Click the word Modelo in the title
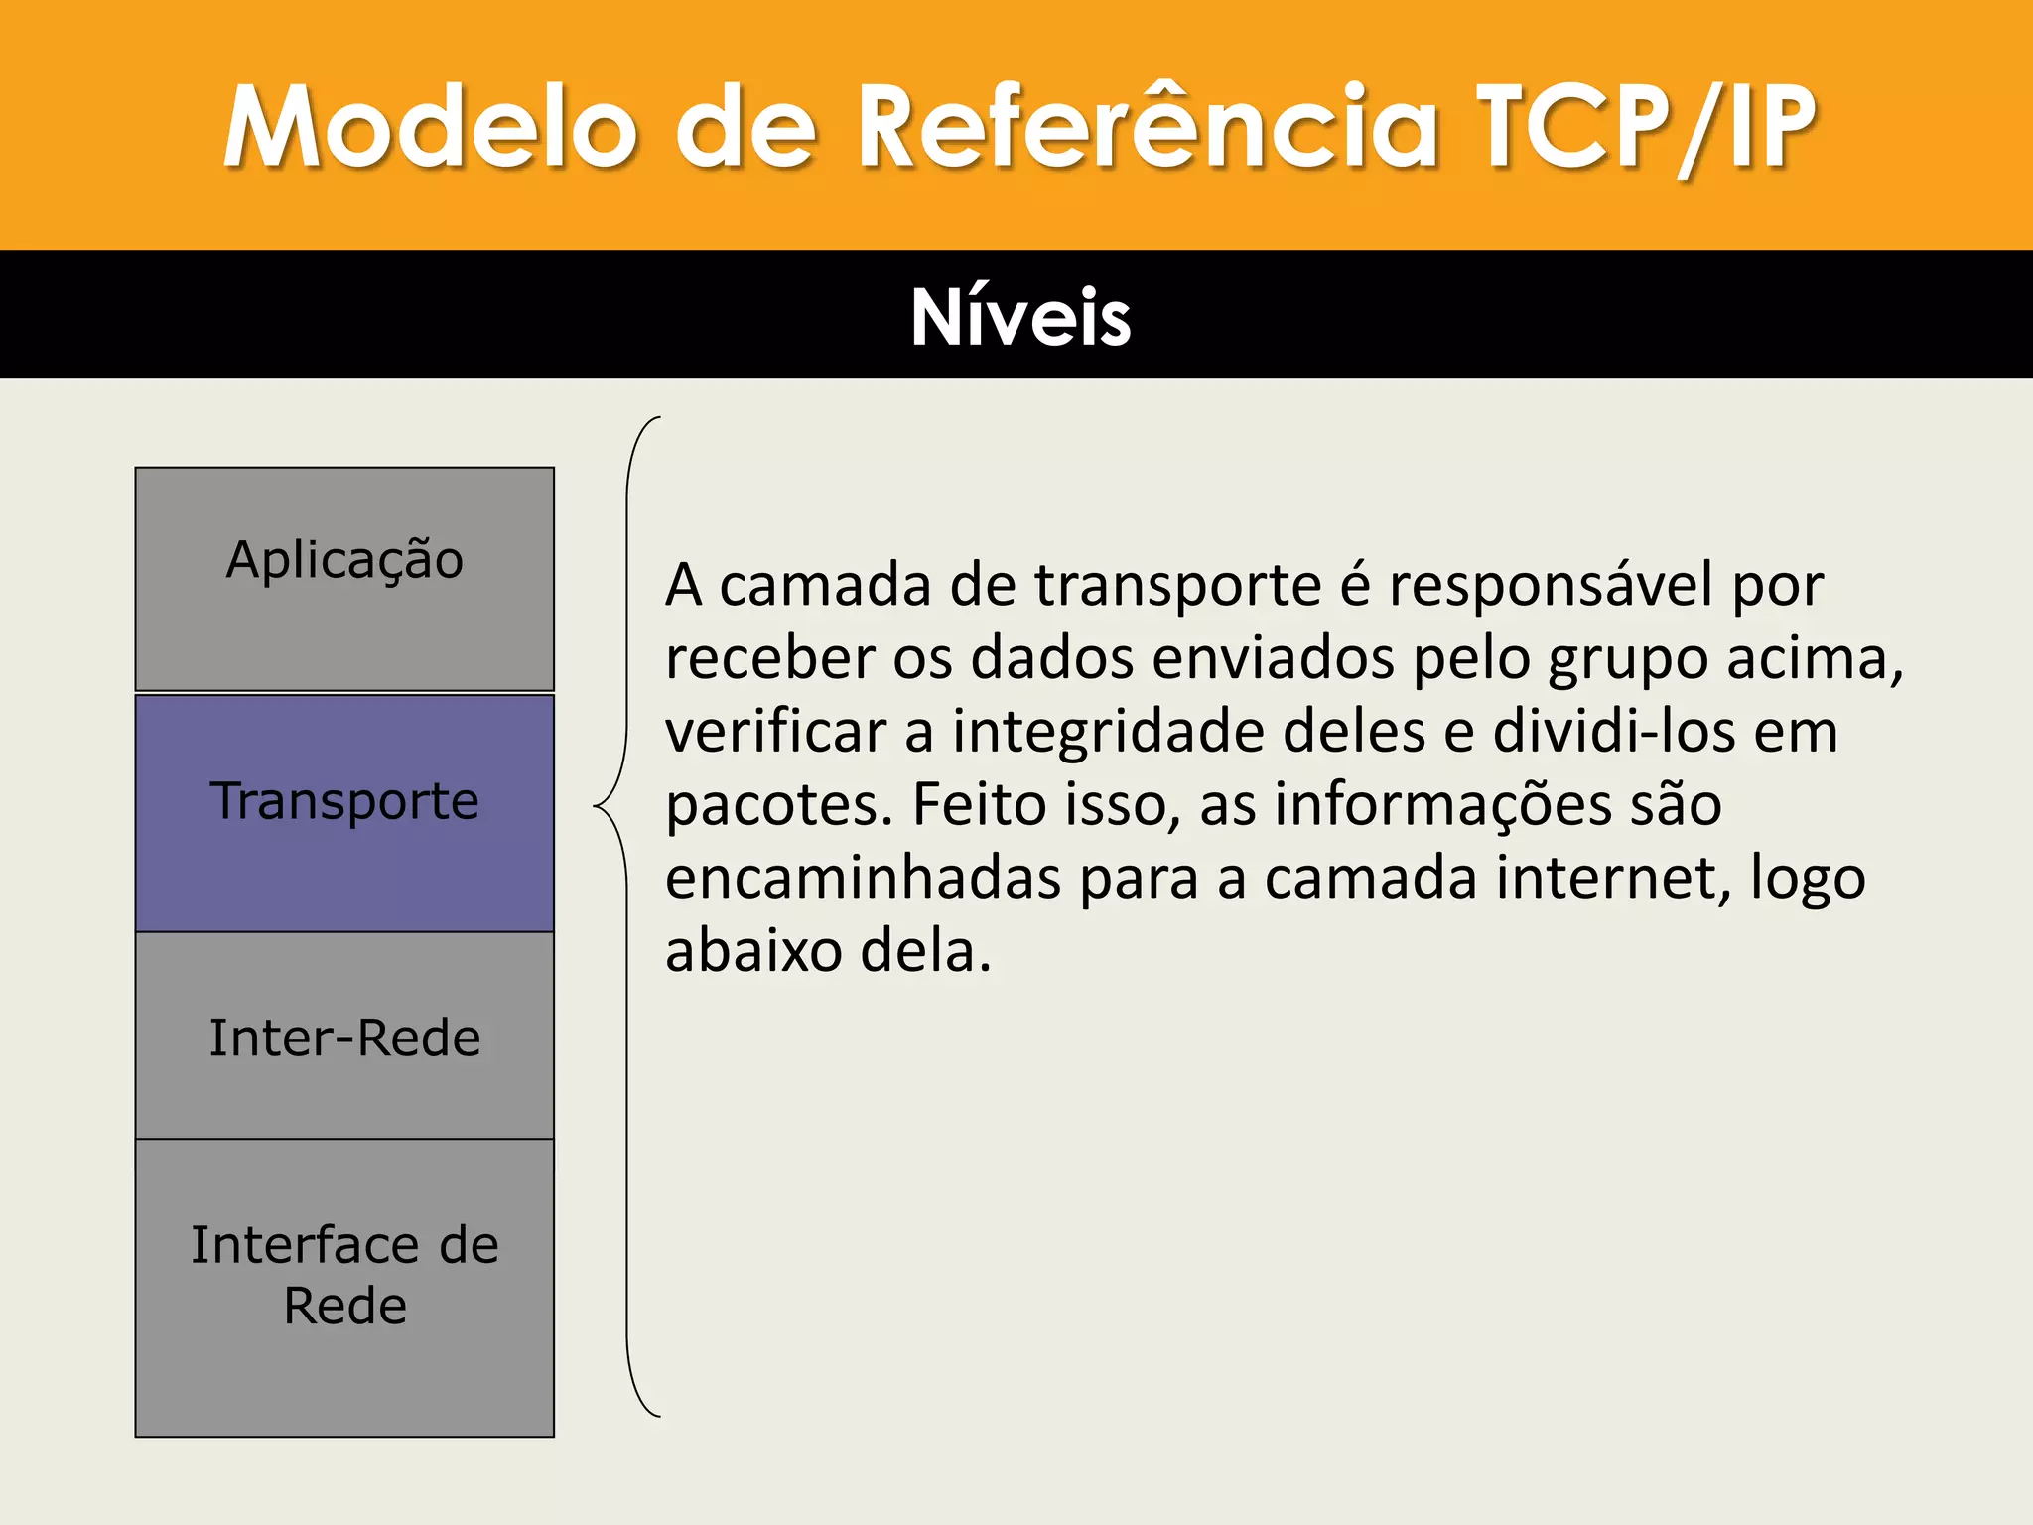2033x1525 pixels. click(x=429, y=127)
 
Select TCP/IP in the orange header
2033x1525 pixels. click(x=1646, y=127)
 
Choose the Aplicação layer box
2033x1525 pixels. click(x=344, y=578)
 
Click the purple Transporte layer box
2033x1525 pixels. click(x=344, y=812)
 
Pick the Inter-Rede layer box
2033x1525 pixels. click(x=344, y=1036)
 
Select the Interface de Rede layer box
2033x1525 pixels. click(x=344, y=1287)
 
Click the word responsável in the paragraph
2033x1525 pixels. click(x=1551, y=586)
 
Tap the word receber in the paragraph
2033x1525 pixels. click(x=769, y=659)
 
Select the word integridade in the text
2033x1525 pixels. click(x=1108, y=733)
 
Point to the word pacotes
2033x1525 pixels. click(x=779, y=806)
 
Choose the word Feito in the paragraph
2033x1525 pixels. click(x=978, y=804)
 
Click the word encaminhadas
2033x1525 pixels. click(x=863, y=878)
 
